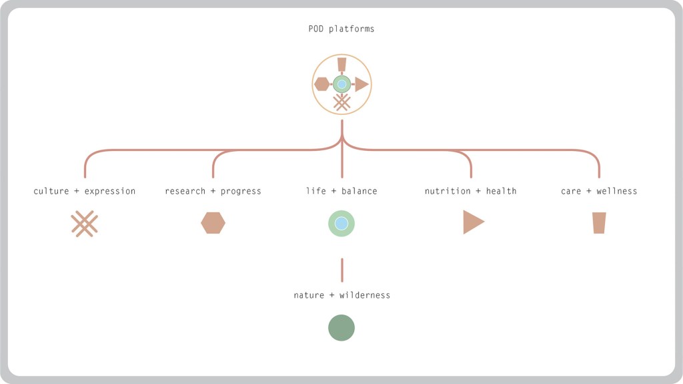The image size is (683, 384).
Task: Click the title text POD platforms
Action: pos(341,29)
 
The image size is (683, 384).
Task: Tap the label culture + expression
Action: pos(85,191)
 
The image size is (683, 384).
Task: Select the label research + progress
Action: pos(213,191)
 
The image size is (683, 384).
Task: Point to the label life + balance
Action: pos(341,191)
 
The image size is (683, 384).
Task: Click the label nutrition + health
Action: pos(470,191)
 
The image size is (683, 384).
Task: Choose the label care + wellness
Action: pos(599,191)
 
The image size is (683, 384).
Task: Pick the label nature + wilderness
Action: pos(341,295)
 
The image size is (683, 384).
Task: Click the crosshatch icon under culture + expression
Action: pos(85,224)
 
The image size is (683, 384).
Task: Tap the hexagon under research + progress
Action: pos(213,224)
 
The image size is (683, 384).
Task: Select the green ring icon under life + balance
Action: pos(341,223)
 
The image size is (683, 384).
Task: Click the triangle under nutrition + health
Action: pos(472,222)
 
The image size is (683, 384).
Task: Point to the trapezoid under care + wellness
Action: pos(599,223)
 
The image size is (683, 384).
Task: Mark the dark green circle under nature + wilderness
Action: pos(341,328)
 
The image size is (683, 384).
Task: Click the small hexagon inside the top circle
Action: pos(321,84)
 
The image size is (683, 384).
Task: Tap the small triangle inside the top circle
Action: pos(361,84)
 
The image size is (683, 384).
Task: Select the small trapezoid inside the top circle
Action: pos(341,64)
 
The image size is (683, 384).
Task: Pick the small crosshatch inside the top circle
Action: pos(341,102)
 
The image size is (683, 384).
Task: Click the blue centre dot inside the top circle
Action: pos(341,84)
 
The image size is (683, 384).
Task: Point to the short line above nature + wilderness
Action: pos(342,270)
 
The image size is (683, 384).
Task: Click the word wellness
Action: pos(616,191)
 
